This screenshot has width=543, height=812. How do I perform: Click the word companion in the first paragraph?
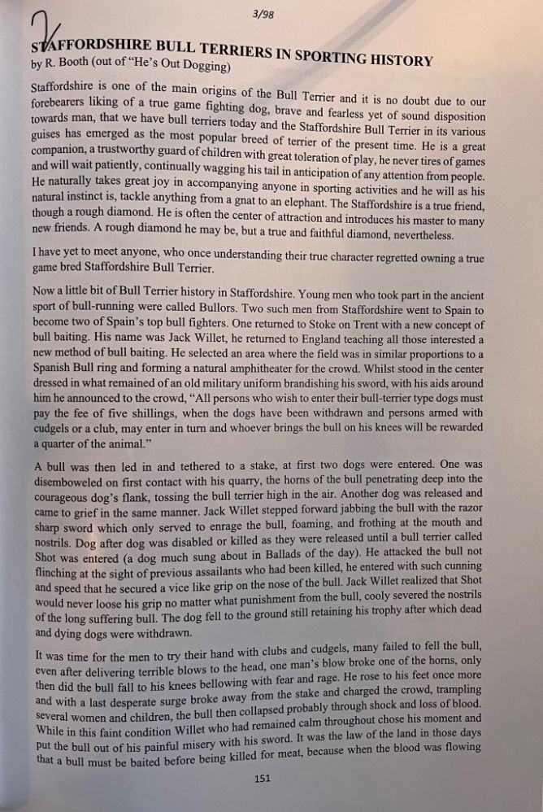(63, 151)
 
